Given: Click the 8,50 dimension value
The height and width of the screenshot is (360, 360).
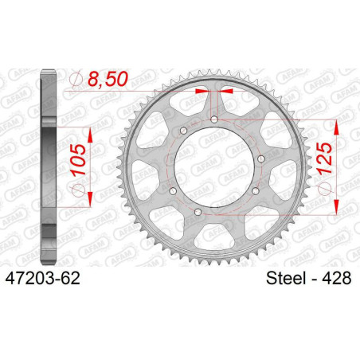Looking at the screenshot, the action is pyautogui.click(x=108, y=79).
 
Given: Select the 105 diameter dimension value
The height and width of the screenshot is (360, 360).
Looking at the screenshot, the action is pyautogui.click(x=79, y=159).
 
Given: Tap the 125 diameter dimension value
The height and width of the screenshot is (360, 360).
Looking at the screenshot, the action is pyautogui.click(x=325, y=158).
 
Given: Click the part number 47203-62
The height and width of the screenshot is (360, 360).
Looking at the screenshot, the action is pyautogui.click(x=43, y=279).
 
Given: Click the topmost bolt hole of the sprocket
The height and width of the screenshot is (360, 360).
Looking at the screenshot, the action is pyautogui.click(x=214, y=119).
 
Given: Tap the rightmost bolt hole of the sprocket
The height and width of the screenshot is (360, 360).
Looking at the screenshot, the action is pyautogui.click(x=261, y=159).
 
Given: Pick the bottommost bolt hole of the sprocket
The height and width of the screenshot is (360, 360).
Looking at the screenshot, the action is pyautogui.click(x=198, y=212).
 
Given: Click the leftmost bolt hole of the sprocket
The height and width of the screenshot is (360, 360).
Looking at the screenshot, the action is pyautogui.click(x=173, y=191).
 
